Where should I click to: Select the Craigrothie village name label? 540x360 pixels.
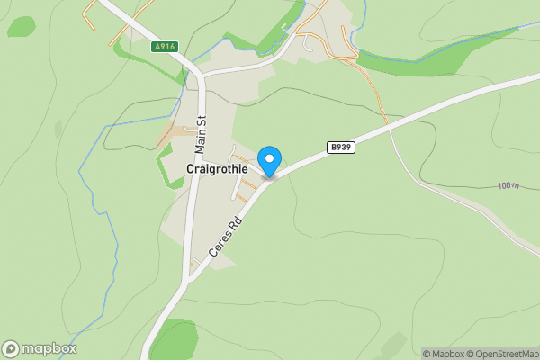(217, 169)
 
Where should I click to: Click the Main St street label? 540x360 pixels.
(202, 130)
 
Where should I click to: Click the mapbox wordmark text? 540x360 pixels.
(50, 348)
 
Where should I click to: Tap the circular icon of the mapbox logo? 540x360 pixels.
(11, 348)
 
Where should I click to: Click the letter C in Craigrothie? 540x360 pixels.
(191, 169)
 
